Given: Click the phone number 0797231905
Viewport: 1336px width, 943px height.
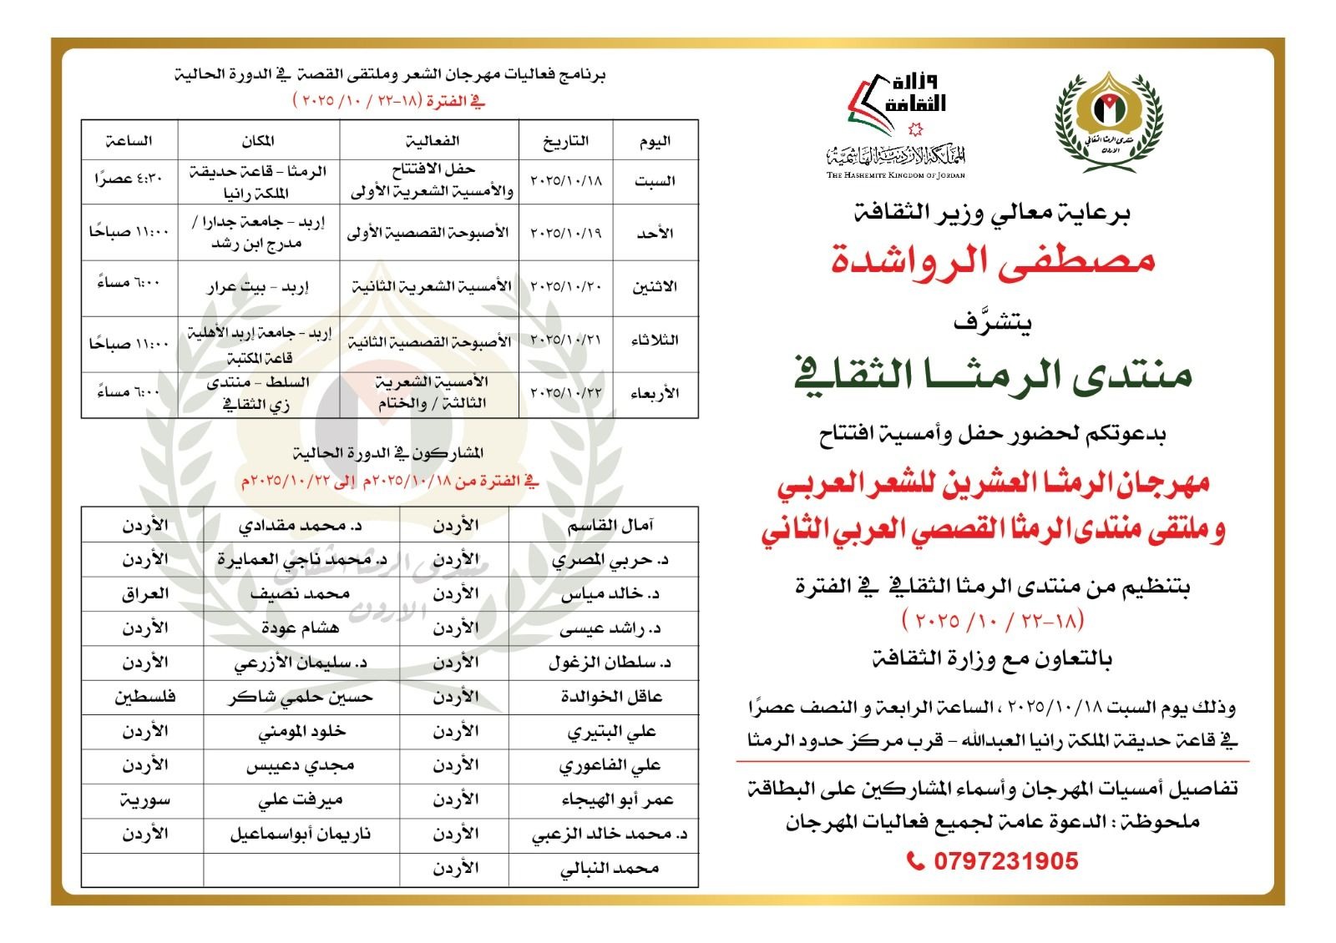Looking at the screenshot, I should click(x=1005, y=860).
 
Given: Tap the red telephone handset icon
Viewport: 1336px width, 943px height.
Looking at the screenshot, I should click(x=915, y=860).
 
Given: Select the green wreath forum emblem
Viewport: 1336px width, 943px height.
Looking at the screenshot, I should click(x=1110, y=121).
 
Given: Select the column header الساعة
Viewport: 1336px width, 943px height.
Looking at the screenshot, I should click(x=129, y=141).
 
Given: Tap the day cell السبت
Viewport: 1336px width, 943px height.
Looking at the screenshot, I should click(x=655, y=181).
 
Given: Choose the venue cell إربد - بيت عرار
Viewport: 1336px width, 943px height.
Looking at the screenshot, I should click(x=258, y=287).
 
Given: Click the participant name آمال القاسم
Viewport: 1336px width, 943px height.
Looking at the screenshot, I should click(x=610, y=525).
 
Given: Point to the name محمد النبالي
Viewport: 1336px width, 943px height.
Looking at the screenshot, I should click(x=610, y=869).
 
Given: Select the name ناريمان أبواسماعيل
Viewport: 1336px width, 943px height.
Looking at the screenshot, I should click(x=300, y=834).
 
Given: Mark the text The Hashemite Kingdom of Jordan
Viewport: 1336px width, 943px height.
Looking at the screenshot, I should click(x=895, y=175).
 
